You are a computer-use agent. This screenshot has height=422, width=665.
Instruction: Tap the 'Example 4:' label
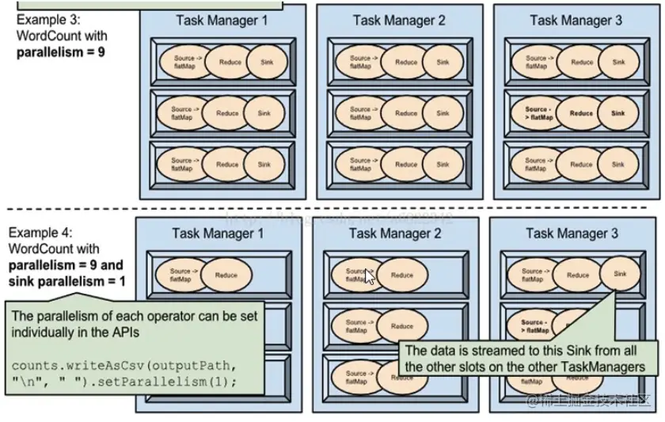click(x=41, y=233)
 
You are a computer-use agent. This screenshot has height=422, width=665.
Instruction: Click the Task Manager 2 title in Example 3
click(x=399, y=21)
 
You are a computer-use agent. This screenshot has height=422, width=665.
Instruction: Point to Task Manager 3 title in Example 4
click(x=573, y=234)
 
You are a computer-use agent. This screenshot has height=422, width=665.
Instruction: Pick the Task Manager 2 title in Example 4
click(x=395, y=234)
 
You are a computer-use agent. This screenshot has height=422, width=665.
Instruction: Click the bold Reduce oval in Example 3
click(x=581, y=113)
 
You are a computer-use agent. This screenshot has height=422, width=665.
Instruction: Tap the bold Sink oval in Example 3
click(x=617, y=113)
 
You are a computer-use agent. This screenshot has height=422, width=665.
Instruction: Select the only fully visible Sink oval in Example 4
click(x=617, y=274)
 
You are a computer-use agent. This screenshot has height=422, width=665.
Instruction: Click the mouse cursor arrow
click(x=370, y=279)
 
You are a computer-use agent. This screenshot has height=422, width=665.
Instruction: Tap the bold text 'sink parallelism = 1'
click(x=66, y=280)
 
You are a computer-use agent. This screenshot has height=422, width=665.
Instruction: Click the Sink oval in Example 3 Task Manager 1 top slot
click(x=264, y=62)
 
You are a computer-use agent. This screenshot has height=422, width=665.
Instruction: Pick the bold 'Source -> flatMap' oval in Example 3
click(x=536, y=113)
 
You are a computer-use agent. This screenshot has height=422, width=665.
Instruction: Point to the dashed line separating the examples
click(x=332, y=209)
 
